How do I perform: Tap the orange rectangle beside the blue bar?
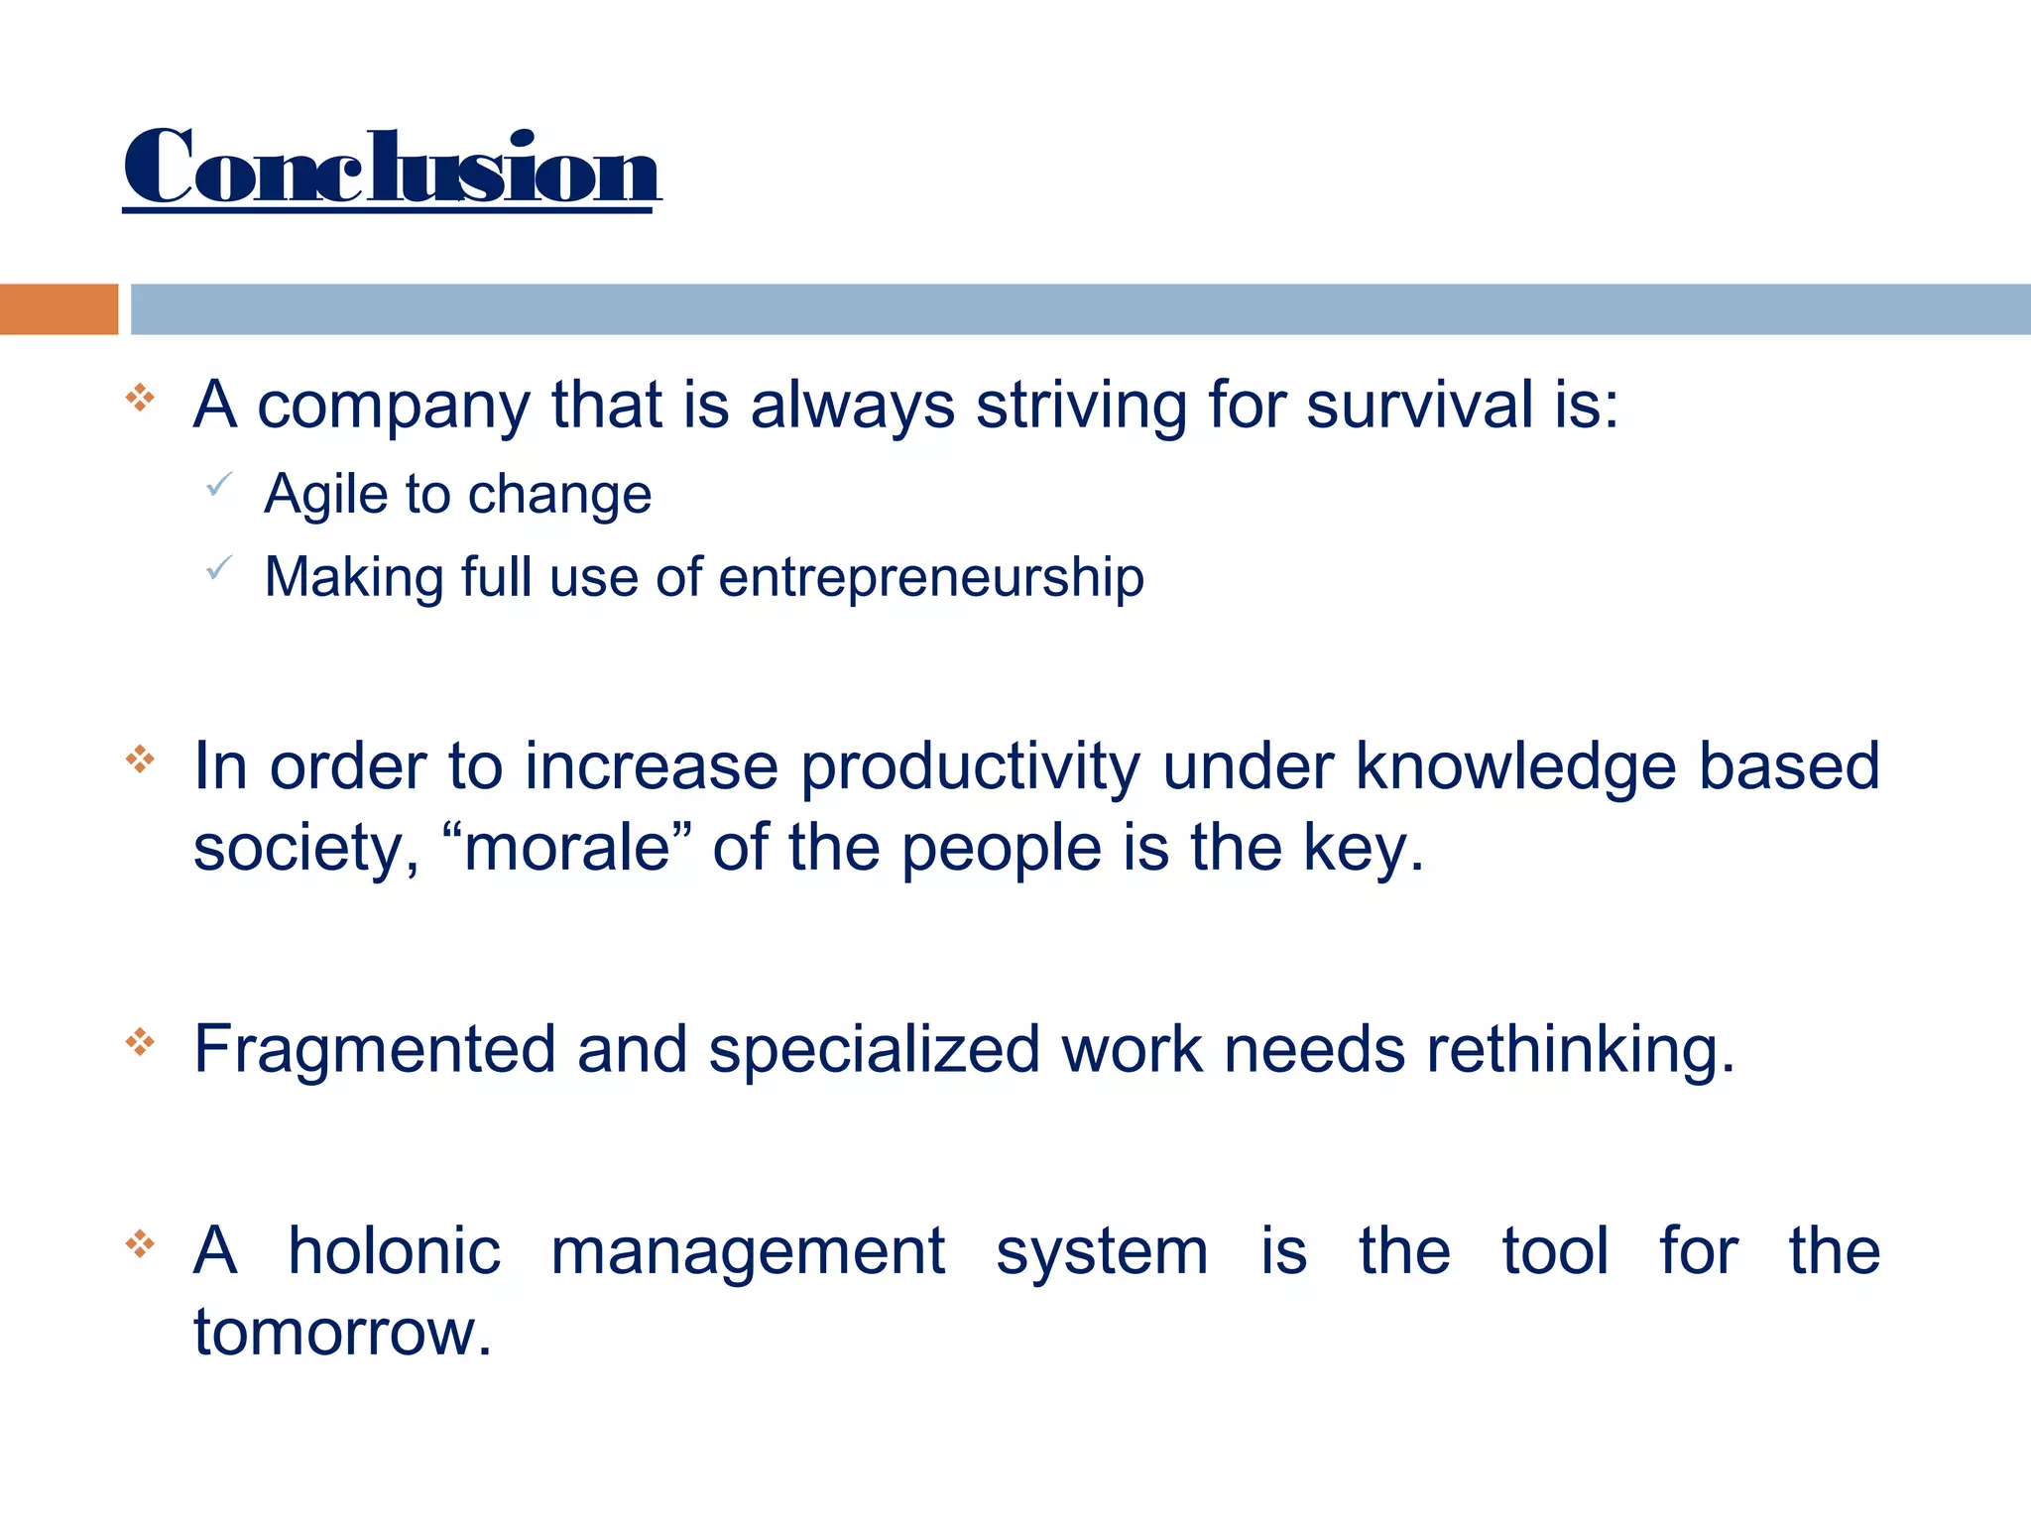point(59,309)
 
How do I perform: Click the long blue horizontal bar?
point(1080,309)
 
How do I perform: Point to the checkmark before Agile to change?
point(219,485)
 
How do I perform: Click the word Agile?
point(325,495)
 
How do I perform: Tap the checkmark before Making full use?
point(219,568)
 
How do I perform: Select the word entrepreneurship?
point(931,578)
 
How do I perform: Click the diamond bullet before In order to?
point(141,761)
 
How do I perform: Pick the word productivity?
point(970,768)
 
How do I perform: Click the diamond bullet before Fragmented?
point(141,1042)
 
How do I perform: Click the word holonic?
point(394,1251)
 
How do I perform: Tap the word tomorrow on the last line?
point(342,1333)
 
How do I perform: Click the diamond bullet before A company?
point(141,399)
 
